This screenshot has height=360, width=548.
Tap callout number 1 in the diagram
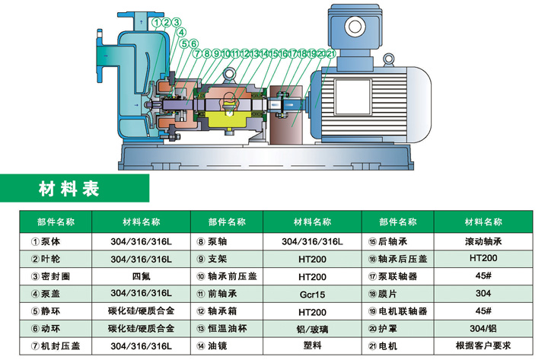156,23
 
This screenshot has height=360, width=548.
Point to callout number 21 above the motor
330,53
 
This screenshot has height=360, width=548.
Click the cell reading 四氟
142,276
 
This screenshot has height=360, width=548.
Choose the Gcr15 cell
312,293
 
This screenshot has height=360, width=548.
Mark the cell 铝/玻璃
312,328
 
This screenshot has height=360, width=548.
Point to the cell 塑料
312,346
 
